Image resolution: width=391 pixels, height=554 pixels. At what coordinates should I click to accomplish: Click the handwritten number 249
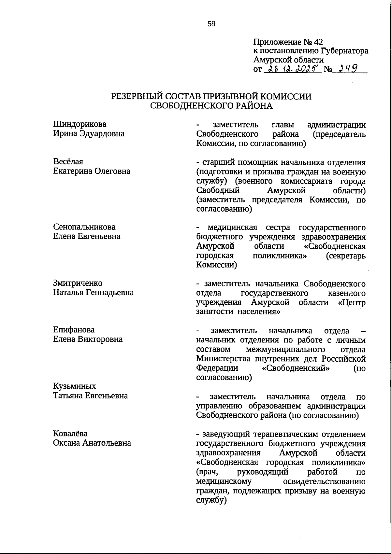point(348,69)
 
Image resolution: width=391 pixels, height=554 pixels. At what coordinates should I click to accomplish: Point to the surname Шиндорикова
point(80,124)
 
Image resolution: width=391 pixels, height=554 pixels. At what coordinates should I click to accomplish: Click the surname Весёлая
point(68,161)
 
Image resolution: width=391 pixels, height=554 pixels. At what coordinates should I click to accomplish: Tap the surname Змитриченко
point(78,283)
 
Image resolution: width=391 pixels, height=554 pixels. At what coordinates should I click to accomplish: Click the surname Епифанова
point(74,330)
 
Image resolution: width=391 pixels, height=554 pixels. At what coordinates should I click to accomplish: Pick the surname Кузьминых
point(75,386)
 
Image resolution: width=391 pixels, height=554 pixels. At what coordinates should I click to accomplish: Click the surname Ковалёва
point(70,434)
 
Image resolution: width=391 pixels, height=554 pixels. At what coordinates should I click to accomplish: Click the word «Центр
point(352,302)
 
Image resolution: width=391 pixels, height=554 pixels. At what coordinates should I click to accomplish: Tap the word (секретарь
point(346,256)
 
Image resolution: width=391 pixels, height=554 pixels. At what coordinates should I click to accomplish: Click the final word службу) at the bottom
point(211,500)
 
